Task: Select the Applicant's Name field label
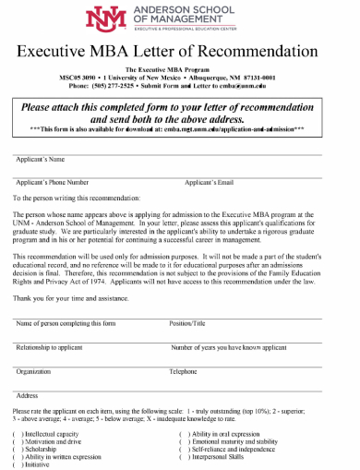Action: pyautogui.click(x=39, y=160)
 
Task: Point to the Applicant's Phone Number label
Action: pyautogui.click(x=53, y=183)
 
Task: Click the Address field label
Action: pyautogui.click(x=27, y=395)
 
